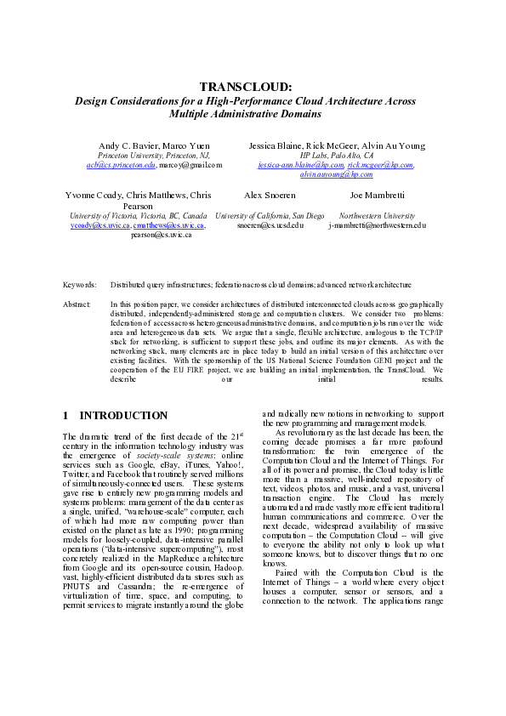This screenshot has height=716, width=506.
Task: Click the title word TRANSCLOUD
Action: tap(245, 87)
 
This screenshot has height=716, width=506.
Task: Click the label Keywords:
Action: tap(80, 285)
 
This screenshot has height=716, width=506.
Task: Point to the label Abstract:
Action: tap(78, 304)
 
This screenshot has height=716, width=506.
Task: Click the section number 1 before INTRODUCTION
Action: tap(67, 416)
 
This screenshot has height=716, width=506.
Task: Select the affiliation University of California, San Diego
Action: tap(270, 216)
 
